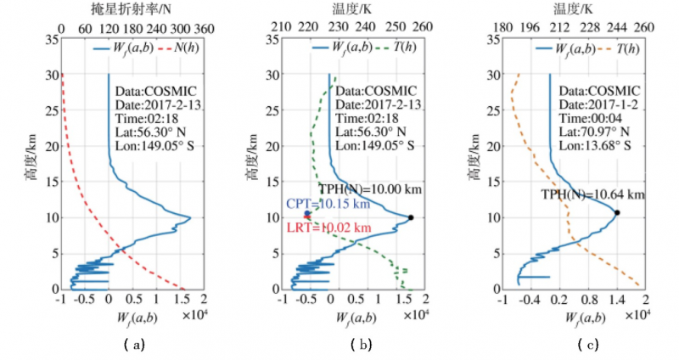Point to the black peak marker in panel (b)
(x=411, y=217)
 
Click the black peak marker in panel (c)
(x=617, y=212)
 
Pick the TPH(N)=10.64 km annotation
(x=593, y=194)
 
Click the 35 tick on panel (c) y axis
(x=491, y=39)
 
